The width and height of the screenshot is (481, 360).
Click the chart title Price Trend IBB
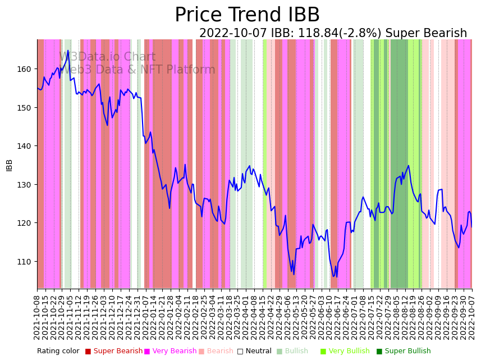(x=247, y=15)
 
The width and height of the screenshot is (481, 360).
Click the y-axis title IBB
(x=10, y=165)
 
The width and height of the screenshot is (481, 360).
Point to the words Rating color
(x=58, y=352)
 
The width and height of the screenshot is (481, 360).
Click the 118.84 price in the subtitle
(x=312, y=34)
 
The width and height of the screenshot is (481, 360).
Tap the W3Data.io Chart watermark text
(x=107, y=57)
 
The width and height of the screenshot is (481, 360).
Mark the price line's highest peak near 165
(x=68, y=51)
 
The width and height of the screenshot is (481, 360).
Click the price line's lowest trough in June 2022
(x=334, y=276)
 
